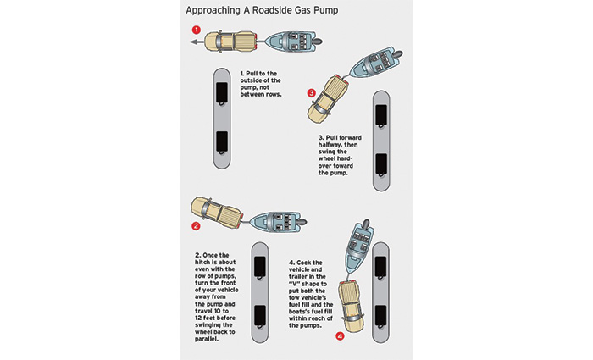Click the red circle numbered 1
[197, 30]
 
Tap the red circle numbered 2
[196, 226]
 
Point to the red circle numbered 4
[340, 336]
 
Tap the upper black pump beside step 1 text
[221, 94]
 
